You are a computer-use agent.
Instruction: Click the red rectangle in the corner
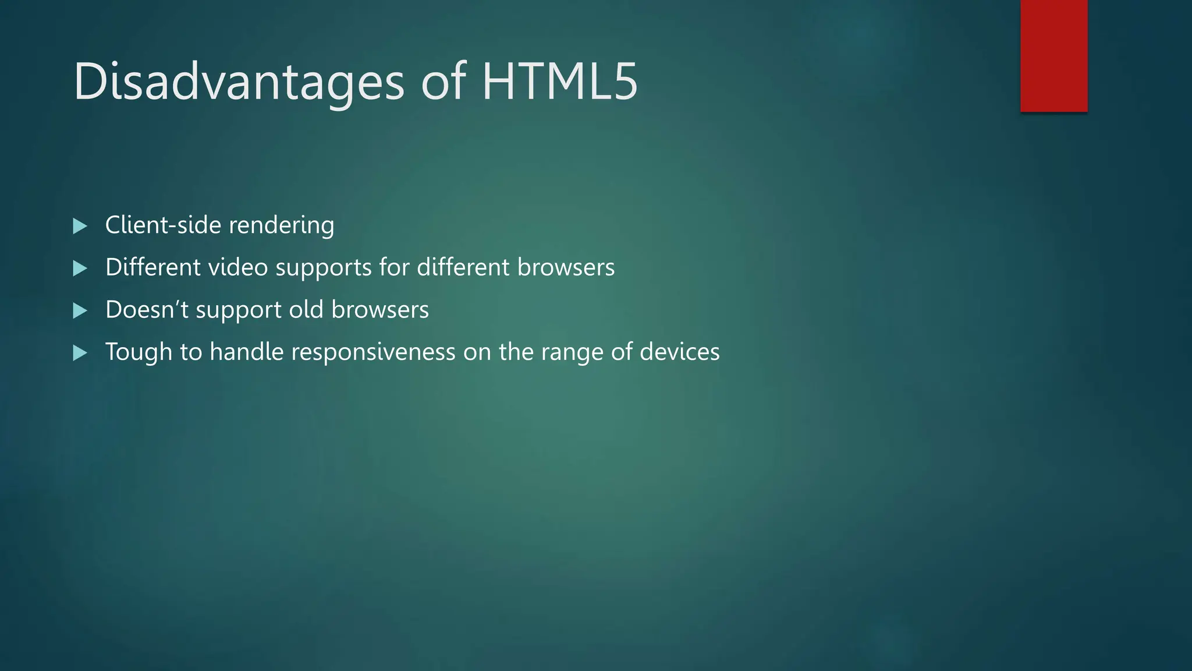[1053, 55]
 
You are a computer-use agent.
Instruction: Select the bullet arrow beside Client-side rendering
[80, 226]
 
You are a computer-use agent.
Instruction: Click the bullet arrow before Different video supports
[80, 269]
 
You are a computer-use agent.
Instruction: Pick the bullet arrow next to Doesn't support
[80, 310]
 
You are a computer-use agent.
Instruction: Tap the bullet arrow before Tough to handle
[80, 353]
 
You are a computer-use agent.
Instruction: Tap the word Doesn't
[147, 309]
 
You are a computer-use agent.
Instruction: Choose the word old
[306, 309]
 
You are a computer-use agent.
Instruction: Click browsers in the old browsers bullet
[379, 309]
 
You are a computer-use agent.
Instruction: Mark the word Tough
[139, 352]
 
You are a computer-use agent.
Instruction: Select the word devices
[679, 352]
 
